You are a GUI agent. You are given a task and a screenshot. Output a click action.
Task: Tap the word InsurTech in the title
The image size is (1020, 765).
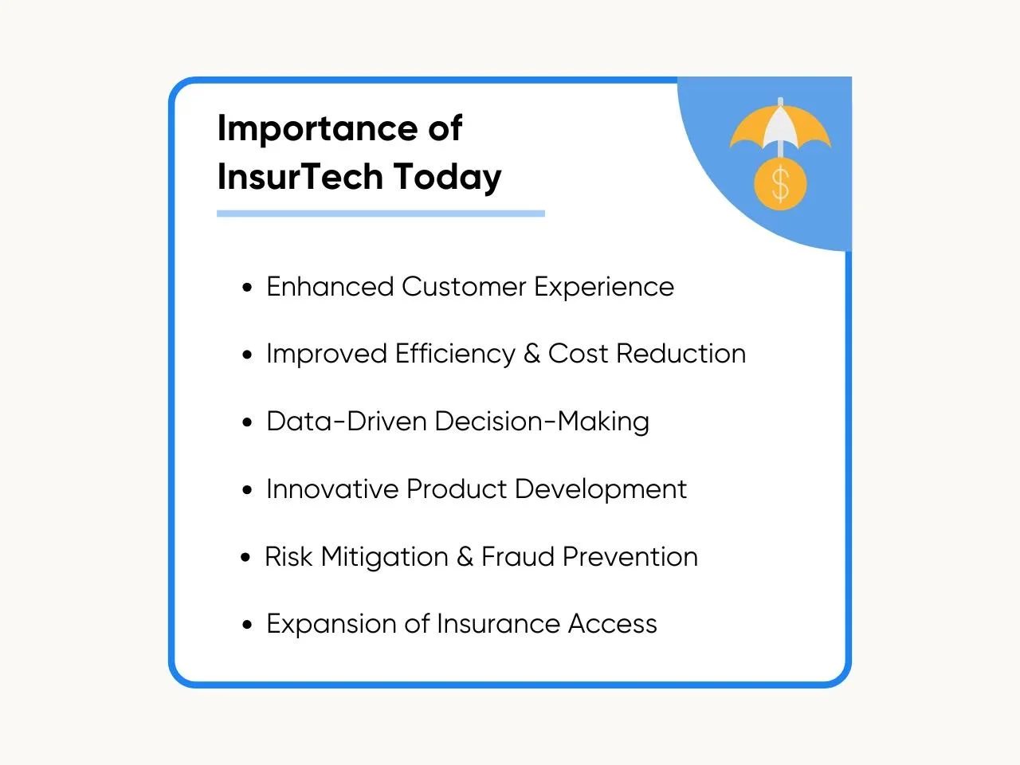300,177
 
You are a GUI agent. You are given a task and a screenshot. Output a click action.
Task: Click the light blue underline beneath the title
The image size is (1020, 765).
381,214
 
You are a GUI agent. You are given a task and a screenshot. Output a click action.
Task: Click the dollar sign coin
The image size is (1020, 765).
780,183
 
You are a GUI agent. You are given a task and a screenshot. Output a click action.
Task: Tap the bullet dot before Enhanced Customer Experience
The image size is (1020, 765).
247,287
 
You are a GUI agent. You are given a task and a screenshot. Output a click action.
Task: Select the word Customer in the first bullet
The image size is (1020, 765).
464,287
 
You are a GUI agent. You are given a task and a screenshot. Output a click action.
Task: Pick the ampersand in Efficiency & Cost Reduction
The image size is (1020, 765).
532,354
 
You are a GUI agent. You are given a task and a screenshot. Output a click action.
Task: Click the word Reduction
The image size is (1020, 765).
681,354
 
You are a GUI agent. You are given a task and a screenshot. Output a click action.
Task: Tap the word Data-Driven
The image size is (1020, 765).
347,422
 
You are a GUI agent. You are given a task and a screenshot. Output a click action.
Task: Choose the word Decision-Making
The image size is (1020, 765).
542,422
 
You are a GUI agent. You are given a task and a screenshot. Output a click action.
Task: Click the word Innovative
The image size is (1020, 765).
333,489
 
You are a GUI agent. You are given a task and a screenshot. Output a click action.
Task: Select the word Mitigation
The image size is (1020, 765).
384,558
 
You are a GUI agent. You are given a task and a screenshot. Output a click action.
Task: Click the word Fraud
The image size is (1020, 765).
518,556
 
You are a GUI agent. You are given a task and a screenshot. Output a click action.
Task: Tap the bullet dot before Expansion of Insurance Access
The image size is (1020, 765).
247,625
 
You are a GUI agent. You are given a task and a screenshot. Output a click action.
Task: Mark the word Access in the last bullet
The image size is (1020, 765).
613,624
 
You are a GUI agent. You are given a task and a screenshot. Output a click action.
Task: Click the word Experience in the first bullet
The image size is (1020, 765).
604,288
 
